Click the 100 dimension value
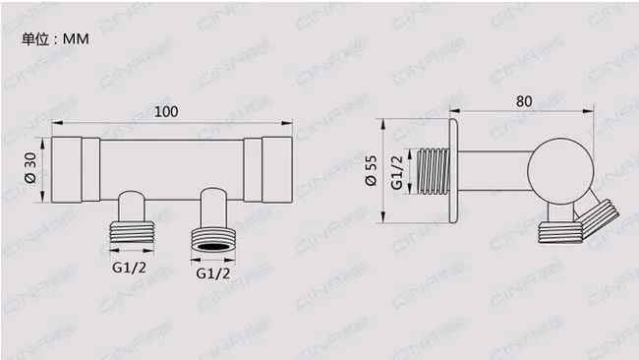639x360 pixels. tap(166, 112)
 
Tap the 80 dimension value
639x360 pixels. tap(524, 101)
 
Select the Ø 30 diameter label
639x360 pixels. tap(31, 167)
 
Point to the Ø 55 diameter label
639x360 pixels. tap(372, 171)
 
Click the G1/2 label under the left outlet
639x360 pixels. tap(129, 268)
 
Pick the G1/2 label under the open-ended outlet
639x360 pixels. tap(213, 273)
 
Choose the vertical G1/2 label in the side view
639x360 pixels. tap(397, 172)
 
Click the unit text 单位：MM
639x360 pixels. tap(55, 39)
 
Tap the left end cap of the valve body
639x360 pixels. tap(67, 170)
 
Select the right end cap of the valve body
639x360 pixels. tap(277, 170)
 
